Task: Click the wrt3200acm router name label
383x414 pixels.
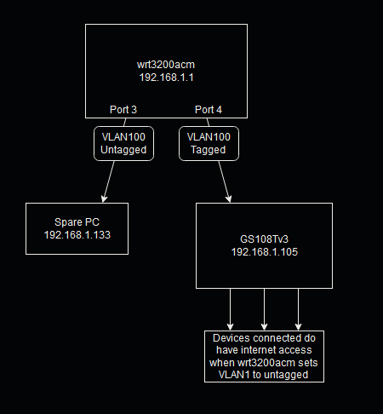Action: pos(166,65)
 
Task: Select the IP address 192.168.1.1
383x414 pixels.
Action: pos(167,78)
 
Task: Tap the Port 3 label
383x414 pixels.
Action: pos(123,110)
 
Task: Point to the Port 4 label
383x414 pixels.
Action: pos(209,110)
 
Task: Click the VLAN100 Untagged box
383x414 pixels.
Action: pos(123,143)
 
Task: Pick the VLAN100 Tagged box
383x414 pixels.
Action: pos(209,143)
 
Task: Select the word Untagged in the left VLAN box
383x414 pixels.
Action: pos(123,150)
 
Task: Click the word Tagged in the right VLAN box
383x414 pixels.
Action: pos(209,150)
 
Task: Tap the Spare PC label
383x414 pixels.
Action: pos(77,222)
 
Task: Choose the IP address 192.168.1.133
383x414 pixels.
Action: pos(77,235)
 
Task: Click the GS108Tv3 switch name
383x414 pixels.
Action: pos(264,239)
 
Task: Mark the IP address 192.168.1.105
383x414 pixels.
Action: pos(265,252)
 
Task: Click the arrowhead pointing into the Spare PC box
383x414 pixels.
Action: pos(105,198)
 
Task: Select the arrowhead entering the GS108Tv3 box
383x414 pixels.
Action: pos(228,198)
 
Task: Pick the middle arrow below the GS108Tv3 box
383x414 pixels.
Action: pos(264,309)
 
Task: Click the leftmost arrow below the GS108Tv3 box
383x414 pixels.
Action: pos(230,309)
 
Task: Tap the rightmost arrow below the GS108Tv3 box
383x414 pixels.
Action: pos(298,309)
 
